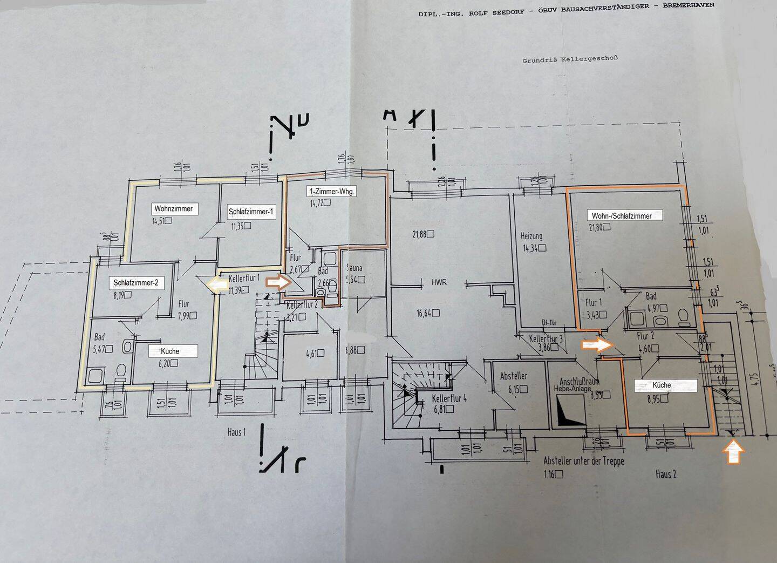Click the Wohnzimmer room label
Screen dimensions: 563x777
pyautogui.click(x=173, y=209)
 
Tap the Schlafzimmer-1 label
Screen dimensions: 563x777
pyautogui.click(x=248, y=212)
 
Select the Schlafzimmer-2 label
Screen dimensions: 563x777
pyautogui.click(x=135, y=282)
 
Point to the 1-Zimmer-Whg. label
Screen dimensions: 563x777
pyautogui.click(x=332, y=192)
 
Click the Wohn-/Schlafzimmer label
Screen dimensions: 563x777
pyautogui.click(x=622, y=215)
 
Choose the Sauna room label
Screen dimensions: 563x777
pyautogui.click(x=355, y=268)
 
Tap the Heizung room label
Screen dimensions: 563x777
pyautogui.click(x=531, y=236)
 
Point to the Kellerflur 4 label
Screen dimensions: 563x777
pyautogui.click(x=453, y=399)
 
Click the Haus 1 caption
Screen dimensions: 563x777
pyautogui.click(x=237, y=432)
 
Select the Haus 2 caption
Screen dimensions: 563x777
pyautogui.click(x=666, y=474)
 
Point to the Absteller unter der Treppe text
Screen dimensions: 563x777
pyautogui.click(x=584, y=462)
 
